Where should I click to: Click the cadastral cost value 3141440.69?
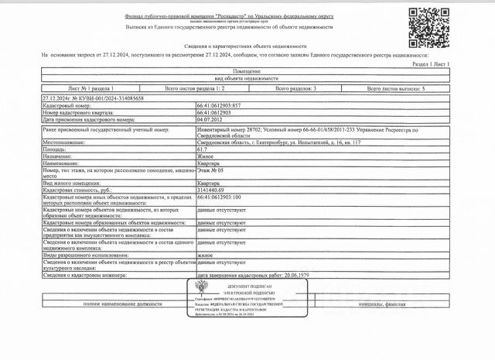[213, 189]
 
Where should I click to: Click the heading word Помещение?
[247, 72]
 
